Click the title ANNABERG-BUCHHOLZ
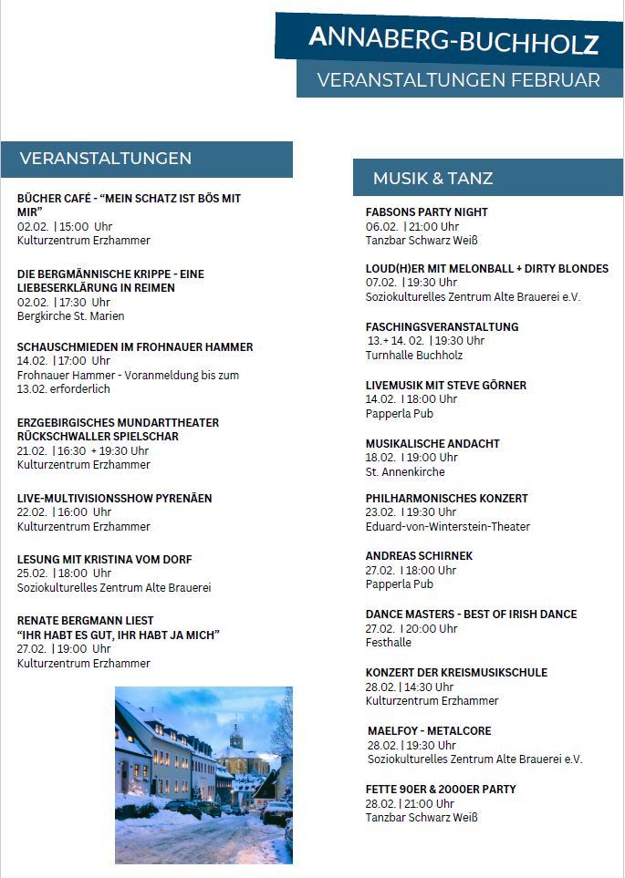click(x=453, y=40)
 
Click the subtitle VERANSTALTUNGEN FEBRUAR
click(x=458, y=80)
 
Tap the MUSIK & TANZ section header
click(x=432, y=178)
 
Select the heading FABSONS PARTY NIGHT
click(x=426, y=212)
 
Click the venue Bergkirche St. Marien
click(x=70, y=316)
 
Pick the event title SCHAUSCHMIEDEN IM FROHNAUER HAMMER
click(x=135, y=346)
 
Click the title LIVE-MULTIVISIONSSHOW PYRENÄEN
click(x=114, y=498)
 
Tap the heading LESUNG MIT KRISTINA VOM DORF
click(x=104, y=559)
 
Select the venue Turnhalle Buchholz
click(x=413, y=356)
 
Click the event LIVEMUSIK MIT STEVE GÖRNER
click(x=445, y=385)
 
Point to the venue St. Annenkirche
click(x=405, y=472)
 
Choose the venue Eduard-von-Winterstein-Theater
click(x=447, y=526)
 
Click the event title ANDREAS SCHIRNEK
click(x=419, y=555)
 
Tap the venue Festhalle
click(x=388, y=643)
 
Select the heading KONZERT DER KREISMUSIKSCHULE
click(x=456, y=672)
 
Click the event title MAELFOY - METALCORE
click(x=429, y=730)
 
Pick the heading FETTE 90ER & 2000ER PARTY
click(x=441, y=789)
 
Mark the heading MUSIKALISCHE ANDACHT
click(x=432, y=443)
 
